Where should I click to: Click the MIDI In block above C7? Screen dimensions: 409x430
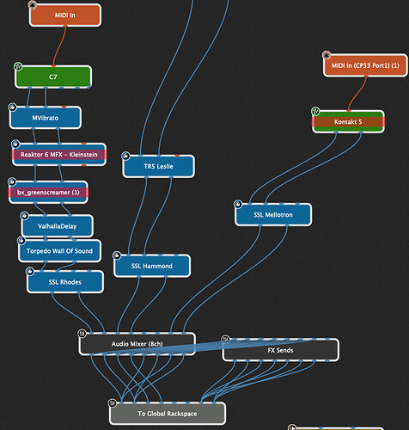[x=65, y=15]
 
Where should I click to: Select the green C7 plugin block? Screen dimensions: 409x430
[x=53, y=77]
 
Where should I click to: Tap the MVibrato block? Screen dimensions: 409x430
[x=46, y=118]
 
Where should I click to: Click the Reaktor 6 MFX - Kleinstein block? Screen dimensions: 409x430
[x=59, y=155]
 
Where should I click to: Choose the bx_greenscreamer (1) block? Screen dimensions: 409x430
[x=48, y=193]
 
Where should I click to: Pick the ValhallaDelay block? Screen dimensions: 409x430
[x=57, y=226]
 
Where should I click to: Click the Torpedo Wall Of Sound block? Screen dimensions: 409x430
[x=59, y=251]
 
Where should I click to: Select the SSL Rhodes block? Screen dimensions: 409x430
[x=65, y=282]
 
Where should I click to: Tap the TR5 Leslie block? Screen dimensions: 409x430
[x=158, y=166]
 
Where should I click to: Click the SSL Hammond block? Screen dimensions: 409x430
[x=152, y=266]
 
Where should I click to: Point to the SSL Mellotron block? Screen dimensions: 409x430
[x=273, y=214]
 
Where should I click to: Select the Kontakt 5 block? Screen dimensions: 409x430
[x=348, y=122]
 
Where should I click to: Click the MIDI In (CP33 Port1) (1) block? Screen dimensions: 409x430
[x=365, y=65]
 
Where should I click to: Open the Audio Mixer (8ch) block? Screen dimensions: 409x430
[x=137, y=344]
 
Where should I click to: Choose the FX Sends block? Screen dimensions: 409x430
[x=280, y=350]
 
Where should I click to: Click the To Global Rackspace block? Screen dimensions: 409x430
[x=168, y=414]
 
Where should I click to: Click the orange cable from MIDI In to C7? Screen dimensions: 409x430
[x=58, y=46]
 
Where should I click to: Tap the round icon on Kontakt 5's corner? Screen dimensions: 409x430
[x=315, y=111]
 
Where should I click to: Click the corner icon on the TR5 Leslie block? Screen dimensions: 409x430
[x=125, y=156]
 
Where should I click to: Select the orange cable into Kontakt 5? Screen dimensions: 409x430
[x=357, y=94]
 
